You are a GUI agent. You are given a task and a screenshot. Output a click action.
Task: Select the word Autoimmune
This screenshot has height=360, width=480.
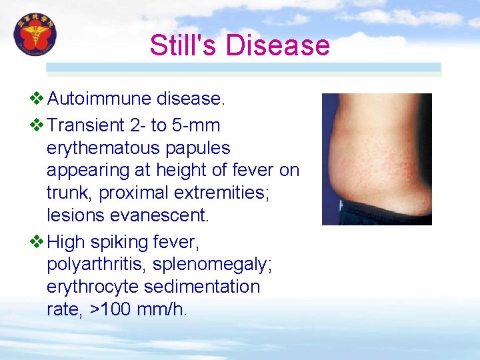pos(99,99)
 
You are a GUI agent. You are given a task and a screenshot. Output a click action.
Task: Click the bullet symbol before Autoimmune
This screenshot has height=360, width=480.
pos(38,99)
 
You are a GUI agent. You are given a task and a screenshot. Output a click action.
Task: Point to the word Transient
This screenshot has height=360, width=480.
pos(87,125)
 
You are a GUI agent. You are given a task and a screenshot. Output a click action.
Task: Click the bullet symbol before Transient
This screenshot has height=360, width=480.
pos(38,125)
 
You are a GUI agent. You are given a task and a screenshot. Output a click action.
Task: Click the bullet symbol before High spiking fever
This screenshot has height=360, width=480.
pos(38,241)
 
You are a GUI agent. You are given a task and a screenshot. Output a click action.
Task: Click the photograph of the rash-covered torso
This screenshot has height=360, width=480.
pos(377,159)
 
